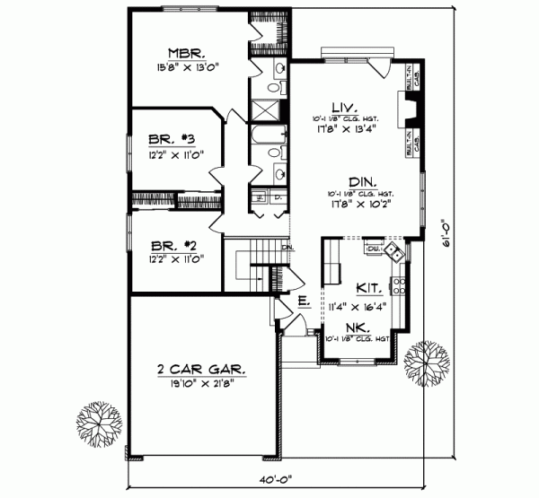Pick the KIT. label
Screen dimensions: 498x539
point(367,289)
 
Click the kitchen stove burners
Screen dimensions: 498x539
point(399,285)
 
